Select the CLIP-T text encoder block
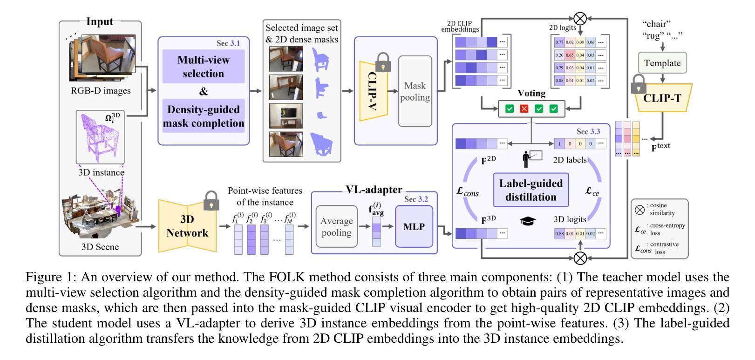point(662,98)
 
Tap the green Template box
point(662,63)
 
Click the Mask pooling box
point(415,92)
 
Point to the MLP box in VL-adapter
point(414,227)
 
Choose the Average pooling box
point(336,227)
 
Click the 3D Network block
point(187,226)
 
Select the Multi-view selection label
point(204,67)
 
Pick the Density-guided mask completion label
point(204,116)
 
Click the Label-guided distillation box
point(531,190)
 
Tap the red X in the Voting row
point(524,109)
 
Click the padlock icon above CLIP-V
point(383,62)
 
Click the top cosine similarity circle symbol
point(580,19)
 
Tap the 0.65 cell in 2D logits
point(569,55)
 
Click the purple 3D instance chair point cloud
point(100,138)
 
